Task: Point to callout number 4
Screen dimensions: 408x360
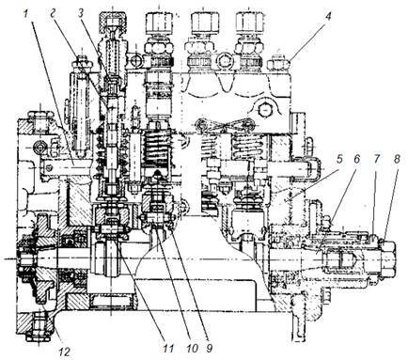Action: click(327, 17)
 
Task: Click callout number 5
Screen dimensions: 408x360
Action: click(339, 159)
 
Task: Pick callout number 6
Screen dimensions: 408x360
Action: click(357, 159)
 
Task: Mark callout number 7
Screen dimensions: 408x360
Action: click(376, 159)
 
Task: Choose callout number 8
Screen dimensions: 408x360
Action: click(397, 159)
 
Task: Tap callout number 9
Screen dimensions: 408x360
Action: click(209, 348)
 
